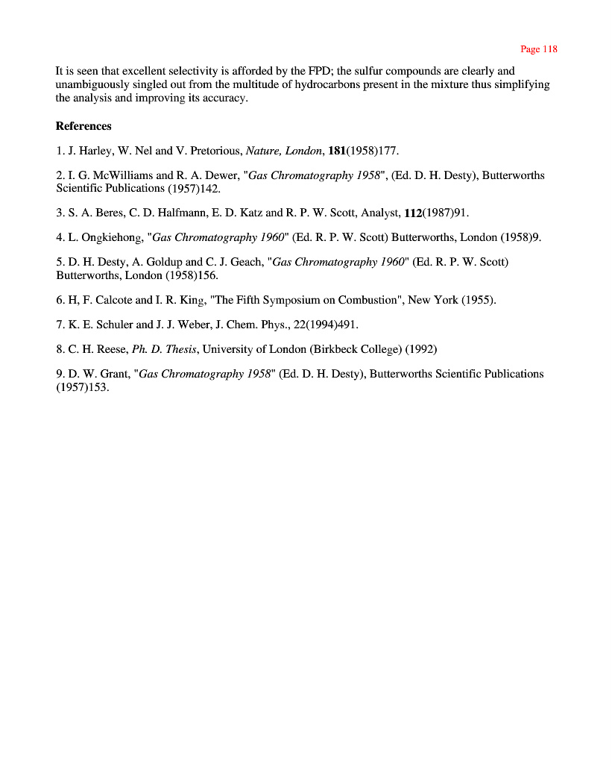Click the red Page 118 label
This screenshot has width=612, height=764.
click(538, 49)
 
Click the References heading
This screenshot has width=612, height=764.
click(83, 126)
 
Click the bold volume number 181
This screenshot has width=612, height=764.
click(337, 151)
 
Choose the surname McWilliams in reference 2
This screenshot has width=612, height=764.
click(121, 175)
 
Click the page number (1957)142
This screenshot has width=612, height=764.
click(184, 188)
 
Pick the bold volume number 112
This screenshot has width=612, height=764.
click(413, 213)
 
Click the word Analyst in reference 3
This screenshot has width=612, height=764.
click(380, 213)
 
